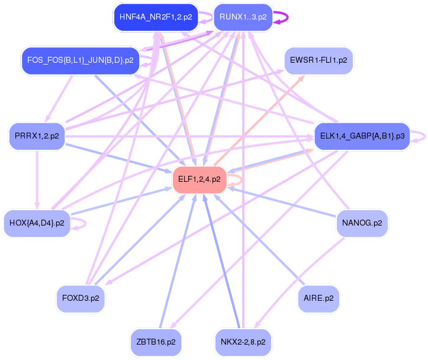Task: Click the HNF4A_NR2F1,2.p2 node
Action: click(155, 17)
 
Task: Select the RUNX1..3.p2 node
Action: click(243, 17)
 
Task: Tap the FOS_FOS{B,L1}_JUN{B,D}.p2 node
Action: click(81, 60)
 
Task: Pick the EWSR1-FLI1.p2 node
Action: click(318, 60)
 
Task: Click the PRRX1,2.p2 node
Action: click(37, 136)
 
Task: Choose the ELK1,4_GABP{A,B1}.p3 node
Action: click(362, 136)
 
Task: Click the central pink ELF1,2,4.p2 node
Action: click(199, 179)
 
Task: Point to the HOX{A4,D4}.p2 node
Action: click(37, 223)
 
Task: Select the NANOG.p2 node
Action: click(362, 223)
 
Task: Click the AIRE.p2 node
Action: click(319, 298)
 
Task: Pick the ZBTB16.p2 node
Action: click(156, 342)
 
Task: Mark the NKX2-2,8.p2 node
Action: click(243, 342)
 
